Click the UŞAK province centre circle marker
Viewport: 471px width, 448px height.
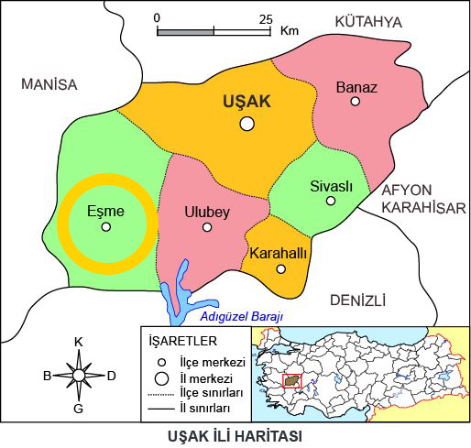[246, 124]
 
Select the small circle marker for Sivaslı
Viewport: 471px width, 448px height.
[331, 200]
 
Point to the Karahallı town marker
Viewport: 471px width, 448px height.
[280, 268]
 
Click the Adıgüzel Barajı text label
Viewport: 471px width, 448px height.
[242, 317]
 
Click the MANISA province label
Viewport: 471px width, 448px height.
[49, 84]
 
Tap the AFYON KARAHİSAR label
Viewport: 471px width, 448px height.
[422, 199]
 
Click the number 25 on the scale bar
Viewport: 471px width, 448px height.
[267, 17]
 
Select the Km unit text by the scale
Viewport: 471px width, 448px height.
[290, 30]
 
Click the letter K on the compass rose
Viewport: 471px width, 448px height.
[79, 342]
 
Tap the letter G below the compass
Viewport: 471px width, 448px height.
[79, 408]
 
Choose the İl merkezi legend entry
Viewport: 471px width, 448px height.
[205, 377]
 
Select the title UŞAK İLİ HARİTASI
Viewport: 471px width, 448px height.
[235, 434]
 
